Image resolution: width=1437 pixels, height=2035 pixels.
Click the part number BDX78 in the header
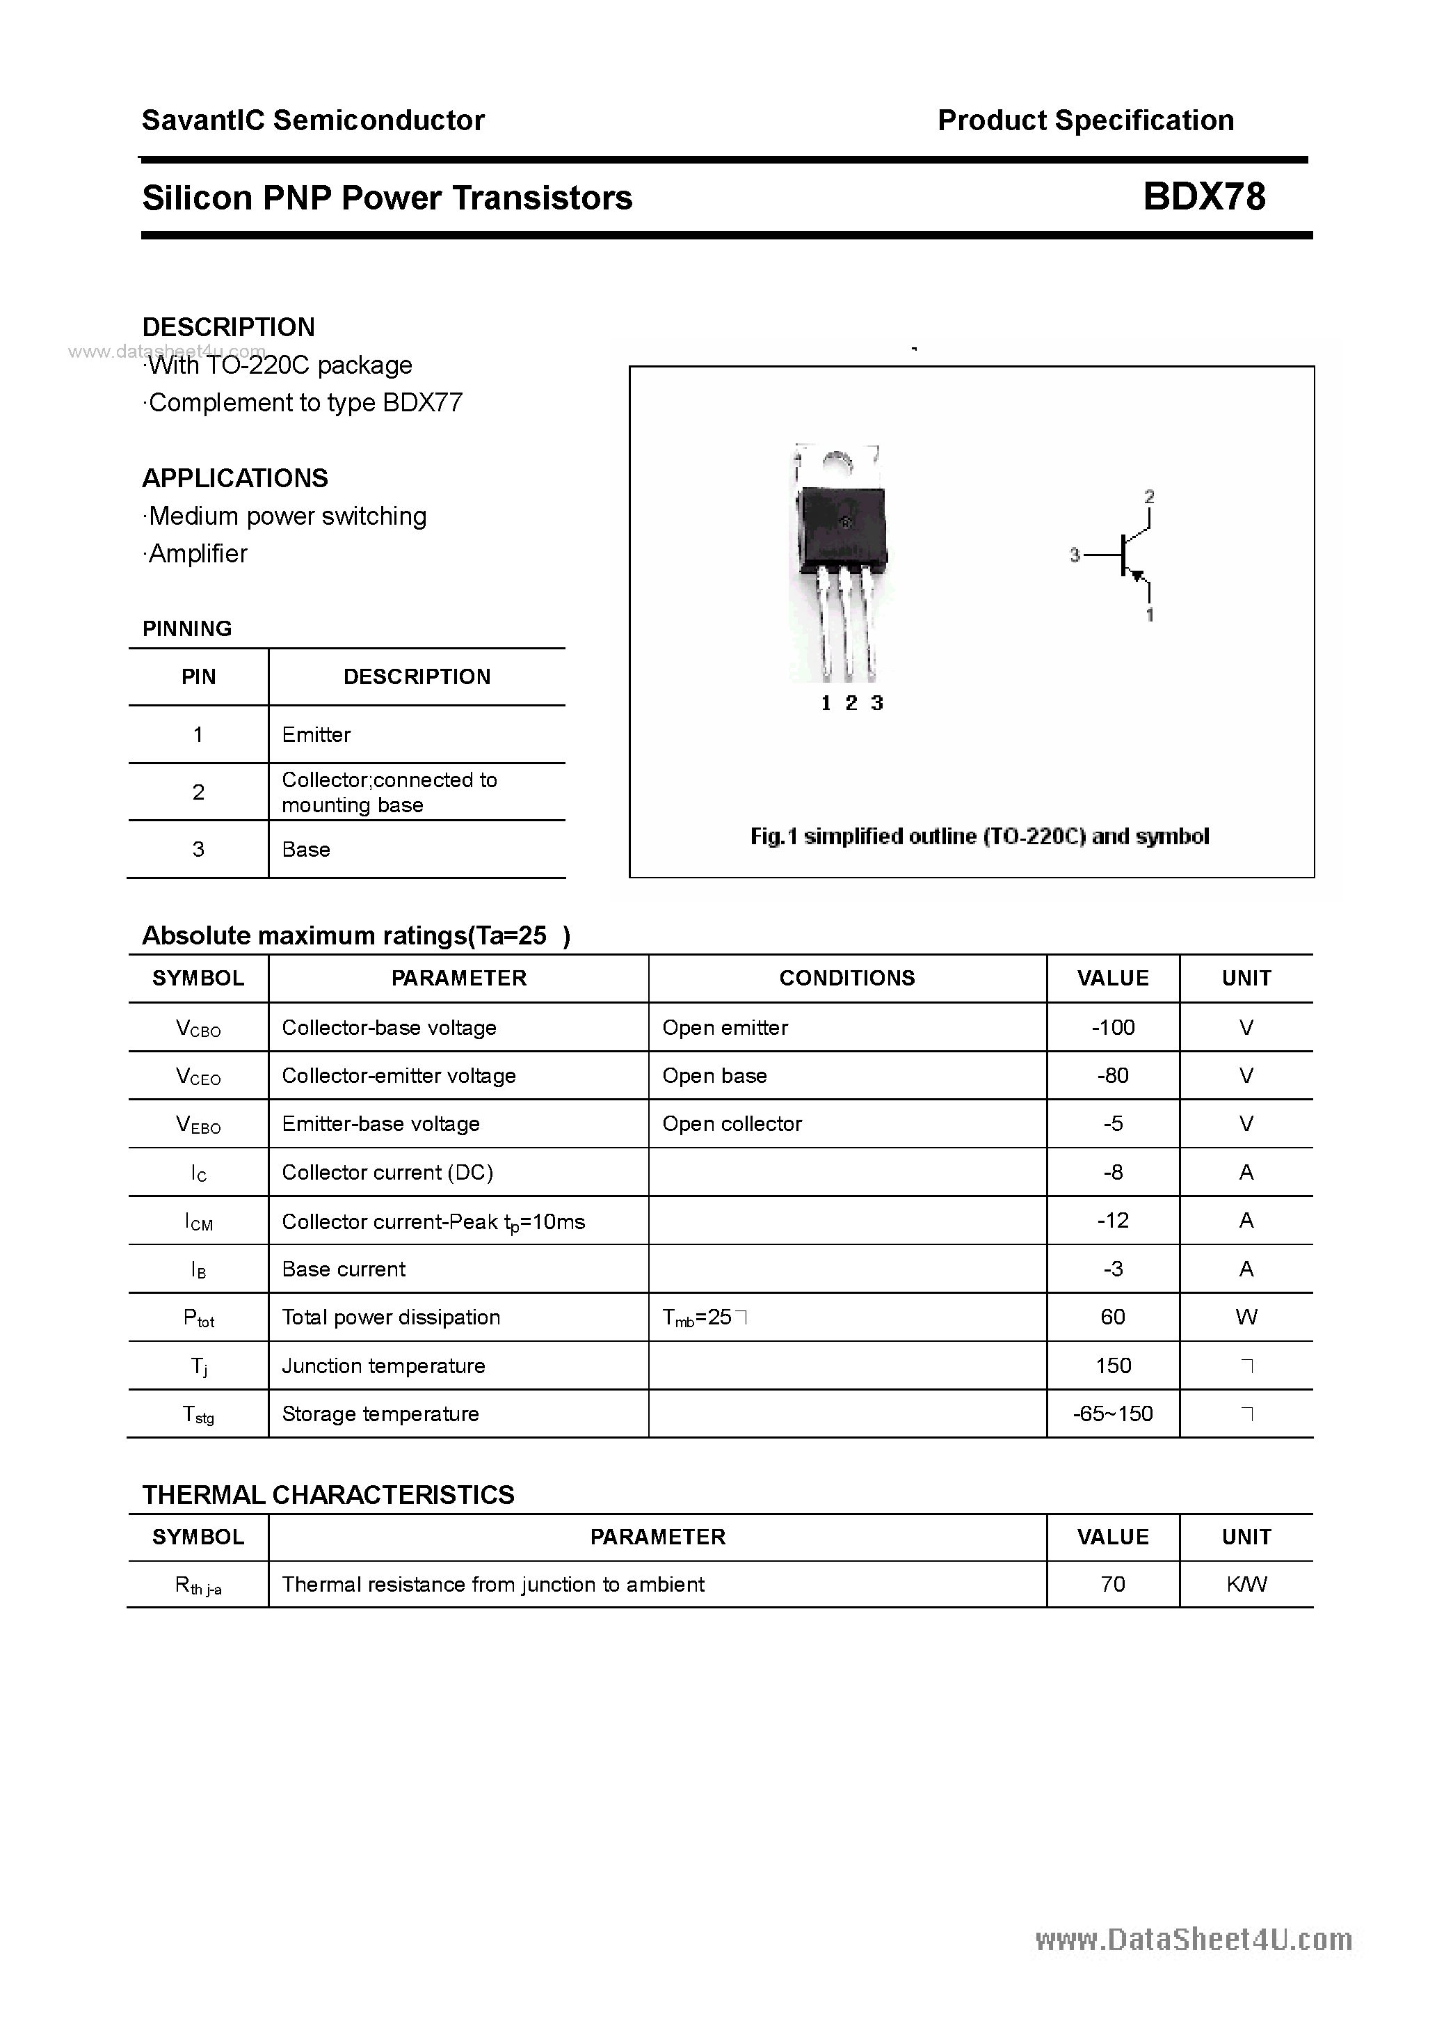click(1204, 197)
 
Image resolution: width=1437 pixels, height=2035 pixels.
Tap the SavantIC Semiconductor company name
click(313, 120)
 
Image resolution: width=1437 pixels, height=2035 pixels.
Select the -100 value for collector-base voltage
click(1113, 1027)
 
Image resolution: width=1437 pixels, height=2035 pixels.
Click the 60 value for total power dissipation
click(1113, 1317)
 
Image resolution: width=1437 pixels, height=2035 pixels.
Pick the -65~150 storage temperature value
click(1113, 1414)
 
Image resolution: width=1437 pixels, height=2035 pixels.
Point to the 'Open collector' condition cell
click(732, 1124)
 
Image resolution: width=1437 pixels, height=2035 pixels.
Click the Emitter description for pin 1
click(316, 735)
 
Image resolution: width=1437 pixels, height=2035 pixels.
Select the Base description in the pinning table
click(305, 849)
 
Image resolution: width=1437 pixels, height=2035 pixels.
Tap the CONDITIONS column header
click(847, 979)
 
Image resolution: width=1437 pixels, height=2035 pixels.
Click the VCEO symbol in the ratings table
click(198, 1077)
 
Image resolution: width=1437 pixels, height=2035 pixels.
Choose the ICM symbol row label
click(198, 1222)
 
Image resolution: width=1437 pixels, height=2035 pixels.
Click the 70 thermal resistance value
click(1113, 1585)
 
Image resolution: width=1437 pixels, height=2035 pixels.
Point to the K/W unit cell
click(1246, 1585)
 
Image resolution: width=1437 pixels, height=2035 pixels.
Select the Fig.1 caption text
click(979, 837)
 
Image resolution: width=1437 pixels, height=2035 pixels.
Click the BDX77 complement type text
click(423, 403)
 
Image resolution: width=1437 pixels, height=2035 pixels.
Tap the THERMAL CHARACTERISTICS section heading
click(328, 1495)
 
